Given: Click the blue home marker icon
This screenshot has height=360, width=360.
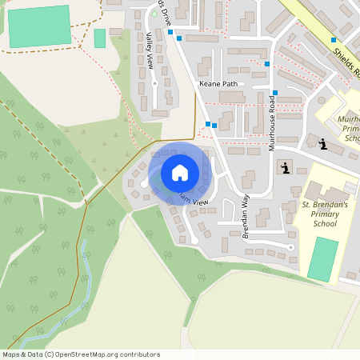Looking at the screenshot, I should pos(180,172).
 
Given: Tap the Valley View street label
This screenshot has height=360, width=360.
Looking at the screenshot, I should pos(150,51).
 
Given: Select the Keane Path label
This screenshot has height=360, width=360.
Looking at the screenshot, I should pos(219,83).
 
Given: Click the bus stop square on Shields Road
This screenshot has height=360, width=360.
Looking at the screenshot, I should pos(334,39).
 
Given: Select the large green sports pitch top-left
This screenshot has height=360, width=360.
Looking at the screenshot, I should pos(38,29).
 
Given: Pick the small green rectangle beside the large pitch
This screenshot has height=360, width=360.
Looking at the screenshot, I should pos(100,38).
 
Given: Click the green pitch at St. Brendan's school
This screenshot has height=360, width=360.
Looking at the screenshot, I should pos(323,258).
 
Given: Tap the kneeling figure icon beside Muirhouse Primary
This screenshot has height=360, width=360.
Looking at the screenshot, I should pos(322,144).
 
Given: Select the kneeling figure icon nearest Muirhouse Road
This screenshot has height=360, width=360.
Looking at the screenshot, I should pos(286,167).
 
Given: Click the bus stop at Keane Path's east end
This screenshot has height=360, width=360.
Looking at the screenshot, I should pos(274,93).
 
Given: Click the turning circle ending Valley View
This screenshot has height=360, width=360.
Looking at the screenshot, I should pos(155,105).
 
